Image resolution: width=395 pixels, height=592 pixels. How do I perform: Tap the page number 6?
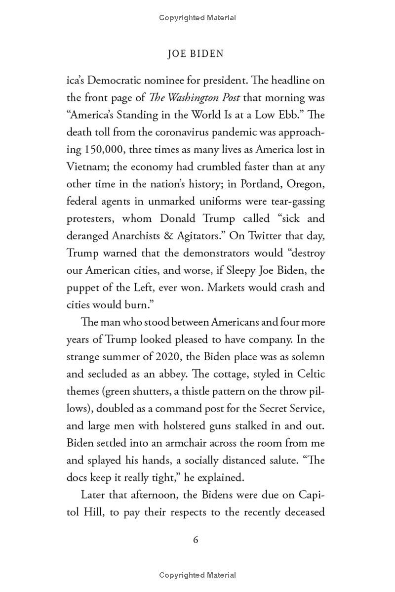(x=196, y=540)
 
